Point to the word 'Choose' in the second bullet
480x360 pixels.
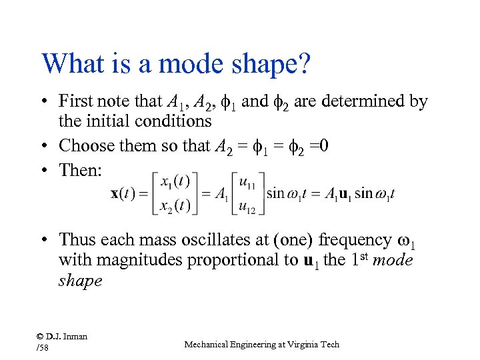[87, 145]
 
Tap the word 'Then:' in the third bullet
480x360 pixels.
[81, 170]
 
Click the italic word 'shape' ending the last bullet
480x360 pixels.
[80, 281]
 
